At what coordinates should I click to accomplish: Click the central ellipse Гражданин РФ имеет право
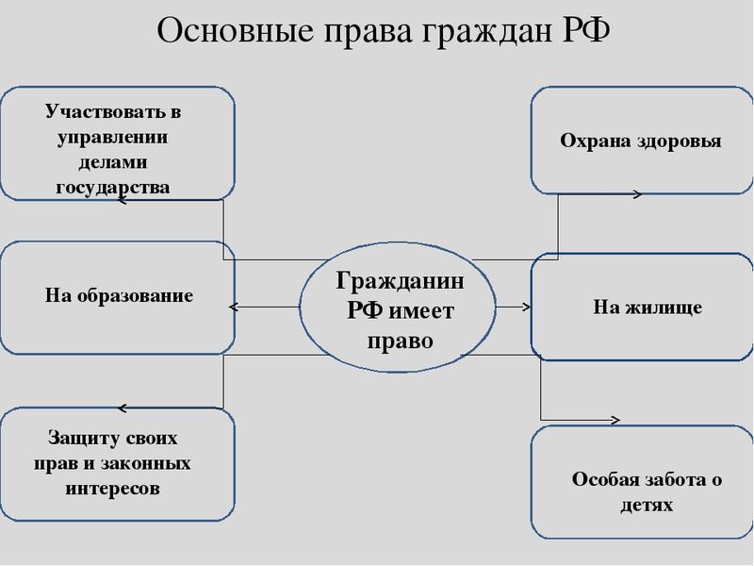[x=400, y=308]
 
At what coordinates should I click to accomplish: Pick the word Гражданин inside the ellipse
[x=400, y=281]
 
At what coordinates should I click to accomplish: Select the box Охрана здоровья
[x=641, y=141]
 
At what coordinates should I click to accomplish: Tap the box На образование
[x=118, y=296]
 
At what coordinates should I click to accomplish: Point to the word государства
[x=113, y=187]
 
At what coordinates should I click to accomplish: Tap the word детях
[x=647, y=505]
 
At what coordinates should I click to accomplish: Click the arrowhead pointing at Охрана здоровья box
[x=638, y=194]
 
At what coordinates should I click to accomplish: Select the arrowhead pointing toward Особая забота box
[x=616, y=420]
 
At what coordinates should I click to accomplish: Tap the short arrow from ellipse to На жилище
[x=513, y=308]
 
